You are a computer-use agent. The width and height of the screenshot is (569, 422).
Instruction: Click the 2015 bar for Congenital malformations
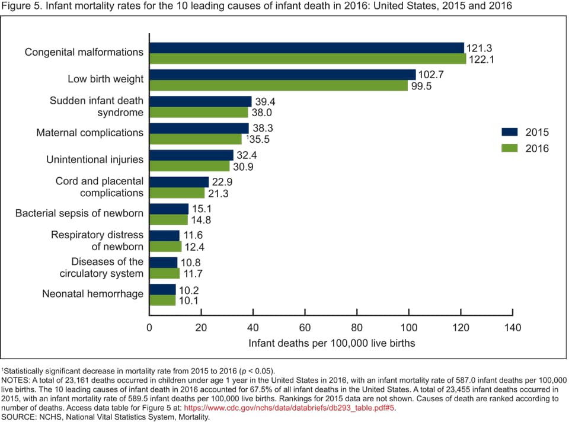[306, 48]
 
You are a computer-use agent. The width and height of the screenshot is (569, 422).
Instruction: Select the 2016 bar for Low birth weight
[279, 85]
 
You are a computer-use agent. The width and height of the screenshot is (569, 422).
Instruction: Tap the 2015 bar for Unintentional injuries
[191, 155]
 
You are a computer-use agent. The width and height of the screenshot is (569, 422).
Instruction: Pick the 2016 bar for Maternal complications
[196, 139]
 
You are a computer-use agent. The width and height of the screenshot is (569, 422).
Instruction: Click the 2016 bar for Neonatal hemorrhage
[162, 300]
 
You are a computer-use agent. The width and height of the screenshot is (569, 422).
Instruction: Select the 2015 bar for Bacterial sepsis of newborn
[169, 209]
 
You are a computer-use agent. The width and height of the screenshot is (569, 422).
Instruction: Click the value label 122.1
[482, 59]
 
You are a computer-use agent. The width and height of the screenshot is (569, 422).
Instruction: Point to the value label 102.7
[432, 75]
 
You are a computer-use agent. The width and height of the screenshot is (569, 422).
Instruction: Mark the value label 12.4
[195, 247]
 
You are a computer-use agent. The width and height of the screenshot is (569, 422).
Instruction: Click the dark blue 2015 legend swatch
[510, 132]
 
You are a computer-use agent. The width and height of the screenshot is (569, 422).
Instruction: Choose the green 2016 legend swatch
[510, 148]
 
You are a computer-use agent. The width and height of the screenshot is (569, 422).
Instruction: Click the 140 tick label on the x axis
[512, 328]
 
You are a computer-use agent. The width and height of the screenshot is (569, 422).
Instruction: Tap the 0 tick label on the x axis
[149, 328]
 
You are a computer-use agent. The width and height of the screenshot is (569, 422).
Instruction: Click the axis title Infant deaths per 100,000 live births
[331, 343]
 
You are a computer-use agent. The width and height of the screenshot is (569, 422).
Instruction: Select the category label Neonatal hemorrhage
[92, 294]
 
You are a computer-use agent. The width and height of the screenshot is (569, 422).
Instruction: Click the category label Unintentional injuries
[95, 159]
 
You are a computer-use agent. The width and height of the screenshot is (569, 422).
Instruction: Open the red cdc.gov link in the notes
[290, 408]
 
